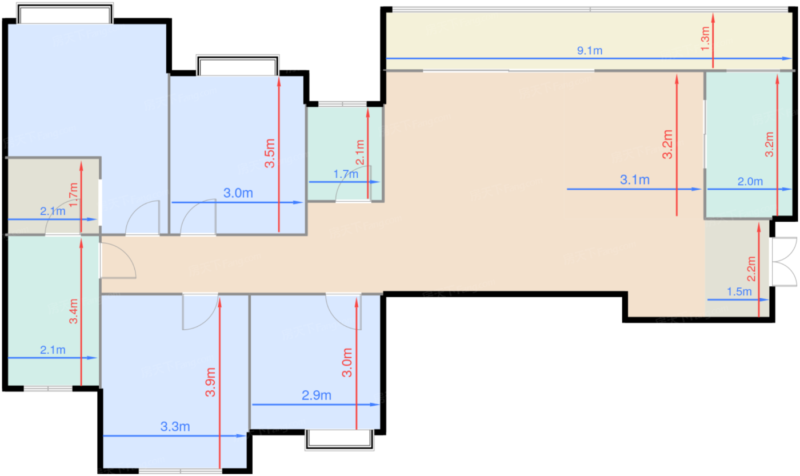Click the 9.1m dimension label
(590, 51)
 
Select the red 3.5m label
(271, 153)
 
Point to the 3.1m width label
(635, 181)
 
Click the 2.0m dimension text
(750, 182)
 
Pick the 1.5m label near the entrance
(739, 292)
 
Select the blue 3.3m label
(175, 426)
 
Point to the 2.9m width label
(317, 395)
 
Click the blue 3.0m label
(238, 193)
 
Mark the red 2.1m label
(360, 154)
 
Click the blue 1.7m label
(345, 174)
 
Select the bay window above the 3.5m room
(237, 65)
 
